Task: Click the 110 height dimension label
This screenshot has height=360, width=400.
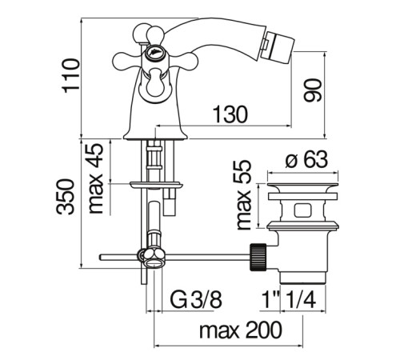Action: point(71,76)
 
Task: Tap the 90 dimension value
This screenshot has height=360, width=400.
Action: point(313,90)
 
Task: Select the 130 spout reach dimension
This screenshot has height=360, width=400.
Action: point(230,114)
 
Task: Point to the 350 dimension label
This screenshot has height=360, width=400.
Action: point(65,197)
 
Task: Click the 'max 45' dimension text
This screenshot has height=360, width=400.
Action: point(95,178)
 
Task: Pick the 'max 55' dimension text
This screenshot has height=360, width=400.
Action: point(244,194)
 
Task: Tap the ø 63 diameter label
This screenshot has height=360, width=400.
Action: point(306,160)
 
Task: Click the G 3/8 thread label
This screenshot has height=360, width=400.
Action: point(196,300)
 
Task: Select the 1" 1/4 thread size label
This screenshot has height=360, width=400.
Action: point(289,300)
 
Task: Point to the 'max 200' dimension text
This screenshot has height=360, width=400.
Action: point(241,330)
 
